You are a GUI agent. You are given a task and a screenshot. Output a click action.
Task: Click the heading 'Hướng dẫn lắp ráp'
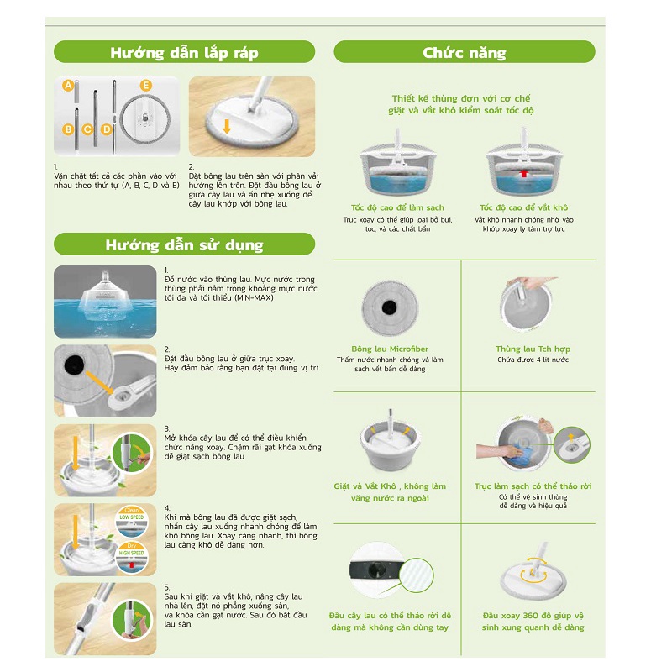coord(184,53)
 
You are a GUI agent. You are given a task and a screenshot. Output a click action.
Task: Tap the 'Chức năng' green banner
coord(464,53)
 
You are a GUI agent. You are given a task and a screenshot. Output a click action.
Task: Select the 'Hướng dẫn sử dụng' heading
coord(184,245)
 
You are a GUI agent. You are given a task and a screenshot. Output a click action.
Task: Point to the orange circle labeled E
coord(146,86)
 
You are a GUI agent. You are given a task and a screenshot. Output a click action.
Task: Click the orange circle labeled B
coord(68,129)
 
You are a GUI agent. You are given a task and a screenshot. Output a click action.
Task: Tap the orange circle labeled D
coord(107,129)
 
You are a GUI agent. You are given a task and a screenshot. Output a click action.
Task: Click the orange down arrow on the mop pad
coord(227,127)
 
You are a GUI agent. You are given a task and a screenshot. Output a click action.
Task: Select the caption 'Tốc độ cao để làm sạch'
coord(397,207)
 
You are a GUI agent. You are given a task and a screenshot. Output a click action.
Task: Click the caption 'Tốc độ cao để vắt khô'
coord(523,207)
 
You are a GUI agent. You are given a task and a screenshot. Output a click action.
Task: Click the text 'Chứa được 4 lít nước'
coord(532,360)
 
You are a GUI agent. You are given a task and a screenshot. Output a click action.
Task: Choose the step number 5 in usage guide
coord(166,587)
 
